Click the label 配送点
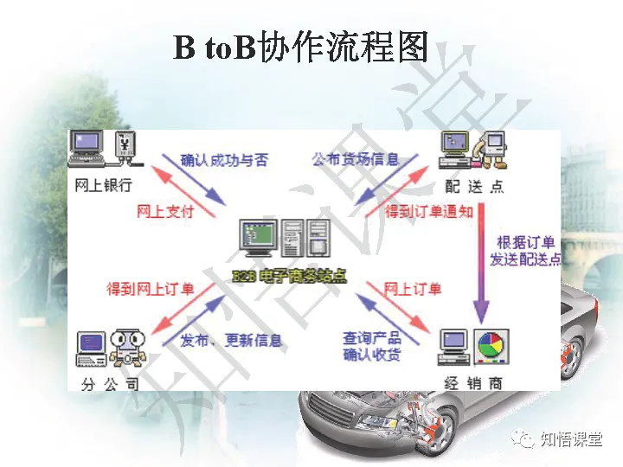472,186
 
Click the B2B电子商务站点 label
289,276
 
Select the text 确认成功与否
224,160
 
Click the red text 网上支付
165,211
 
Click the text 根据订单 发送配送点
525,251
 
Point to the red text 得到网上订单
151,289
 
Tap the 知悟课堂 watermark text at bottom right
570,439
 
